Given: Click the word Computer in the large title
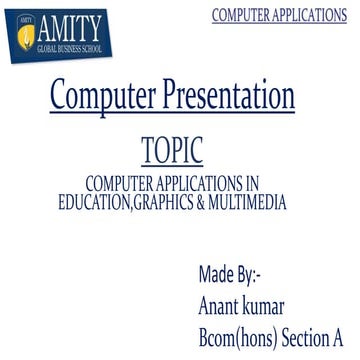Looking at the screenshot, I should tap(107, 96).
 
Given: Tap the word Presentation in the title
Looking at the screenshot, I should tap(233, 96).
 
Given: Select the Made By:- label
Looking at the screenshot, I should tap(229, 275).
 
